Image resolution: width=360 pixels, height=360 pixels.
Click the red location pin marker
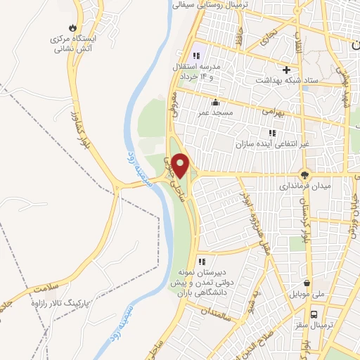(x=181, y=165)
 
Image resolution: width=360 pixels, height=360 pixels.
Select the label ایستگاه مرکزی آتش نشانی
(x=72, y=45)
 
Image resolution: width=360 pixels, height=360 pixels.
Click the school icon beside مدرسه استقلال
(x=196, y=56)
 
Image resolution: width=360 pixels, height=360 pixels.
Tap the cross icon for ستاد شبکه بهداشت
(x=286, y=70)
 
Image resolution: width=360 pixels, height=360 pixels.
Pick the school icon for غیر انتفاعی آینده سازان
(x=272, y=131)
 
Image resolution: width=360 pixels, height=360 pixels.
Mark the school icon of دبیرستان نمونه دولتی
(x=202, y=262)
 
